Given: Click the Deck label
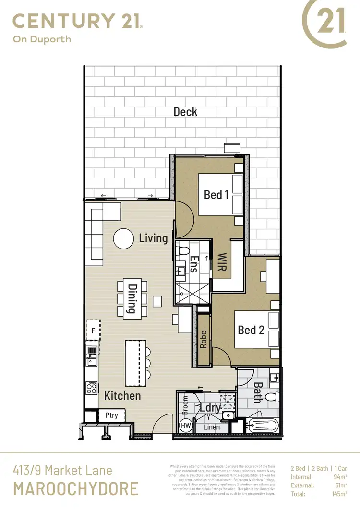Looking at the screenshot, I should [185, 112].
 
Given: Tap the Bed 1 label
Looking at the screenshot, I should [216, 194].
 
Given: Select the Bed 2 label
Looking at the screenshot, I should [251, 330].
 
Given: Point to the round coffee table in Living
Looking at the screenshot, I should [123, 237].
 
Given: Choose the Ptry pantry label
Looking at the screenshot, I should [111, 415].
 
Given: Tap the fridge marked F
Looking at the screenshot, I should [93, 331].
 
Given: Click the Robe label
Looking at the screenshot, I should [204, 340].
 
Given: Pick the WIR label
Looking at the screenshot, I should [222, 263].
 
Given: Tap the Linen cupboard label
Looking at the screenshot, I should [212, 427].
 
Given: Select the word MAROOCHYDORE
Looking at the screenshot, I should [75, 488].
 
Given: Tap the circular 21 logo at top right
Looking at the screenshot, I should [324, 24].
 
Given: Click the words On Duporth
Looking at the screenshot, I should [42, 39].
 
